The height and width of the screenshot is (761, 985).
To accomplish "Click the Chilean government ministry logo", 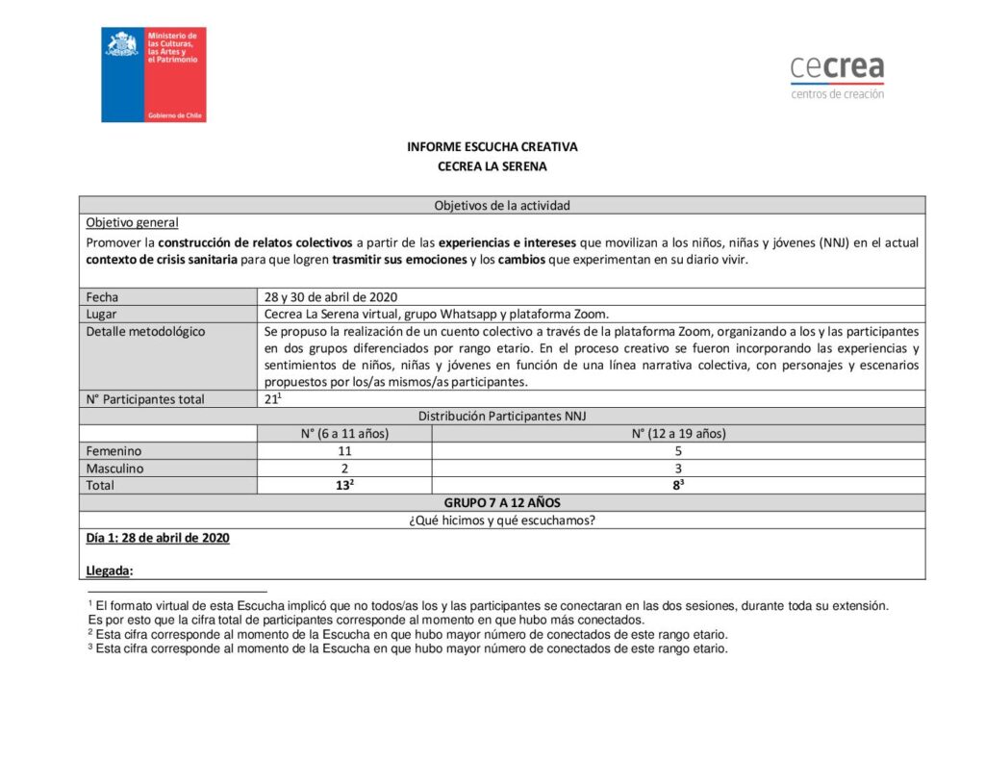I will [154, 74].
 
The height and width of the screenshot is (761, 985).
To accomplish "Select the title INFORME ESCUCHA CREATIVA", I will [492, 147].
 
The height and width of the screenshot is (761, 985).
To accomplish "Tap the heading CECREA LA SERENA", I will [492, 166].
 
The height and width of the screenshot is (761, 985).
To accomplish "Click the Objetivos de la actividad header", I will [501, 205].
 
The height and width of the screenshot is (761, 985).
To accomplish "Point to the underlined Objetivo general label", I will [132, 222].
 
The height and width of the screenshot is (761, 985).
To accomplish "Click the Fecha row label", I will [102, 297].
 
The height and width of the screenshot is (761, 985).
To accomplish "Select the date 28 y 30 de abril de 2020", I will [331, 297].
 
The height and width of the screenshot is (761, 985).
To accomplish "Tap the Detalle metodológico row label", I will [145, 331].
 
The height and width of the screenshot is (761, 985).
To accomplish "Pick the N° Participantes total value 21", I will [272, 399].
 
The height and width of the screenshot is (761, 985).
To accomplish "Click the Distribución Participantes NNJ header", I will [501, 417].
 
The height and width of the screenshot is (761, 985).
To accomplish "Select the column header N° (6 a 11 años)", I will [344, 434].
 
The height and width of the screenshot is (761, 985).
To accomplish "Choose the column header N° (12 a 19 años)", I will [678, 434].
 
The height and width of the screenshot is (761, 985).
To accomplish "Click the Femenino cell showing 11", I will [344, 451].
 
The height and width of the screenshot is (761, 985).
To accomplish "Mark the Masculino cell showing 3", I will [678, 469].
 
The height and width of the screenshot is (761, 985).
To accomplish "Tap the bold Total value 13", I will [343, 486].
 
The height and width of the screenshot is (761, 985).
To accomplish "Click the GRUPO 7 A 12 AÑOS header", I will [501, 503].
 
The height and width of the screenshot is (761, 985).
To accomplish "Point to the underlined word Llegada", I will [109, 571].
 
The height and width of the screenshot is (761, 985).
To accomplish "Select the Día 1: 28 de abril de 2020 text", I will [158, 539].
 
